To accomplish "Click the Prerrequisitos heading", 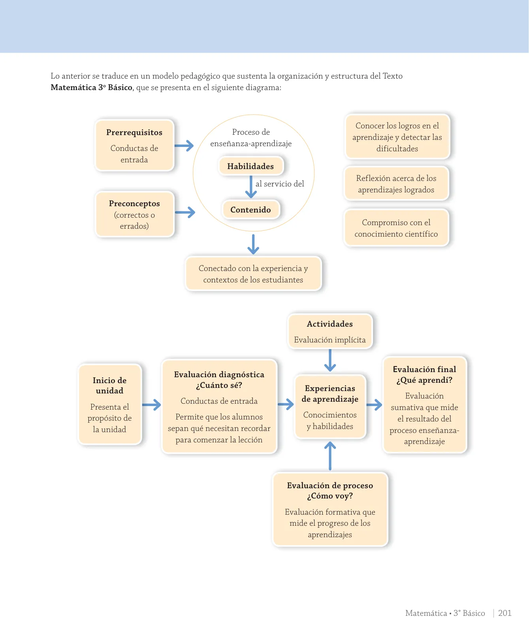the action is pyautogui.click(x=134, y=132).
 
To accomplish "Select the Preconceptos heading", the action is pyautogui.click(x=134, y=203).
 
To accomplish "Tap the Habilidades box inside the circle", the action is pyautogui.click(x=250, y=166).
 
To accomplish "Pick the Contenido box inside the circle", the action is pyautogui.click(x=250, y=210).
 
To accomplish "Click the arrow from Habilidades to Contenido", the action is pyautogui.click(x=251, y=187).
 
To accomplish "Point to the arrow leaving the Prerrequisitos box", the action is pyautogui.click(x=184, y=146).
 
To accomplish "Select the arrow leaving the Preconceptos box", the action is pyautogui.click(x=185, y=213).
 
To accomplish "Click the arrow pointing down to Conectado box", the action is pyautogui.click(x=253, y=244).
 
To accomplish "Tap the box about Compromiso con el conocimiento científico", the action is pyautogui.click(x=396, y=228).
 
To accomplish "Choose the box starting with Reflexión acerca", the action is pyautogui.click(x=396, y=184).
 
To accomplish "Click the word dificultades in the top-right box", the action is pyautogui.click(x=397, y=149).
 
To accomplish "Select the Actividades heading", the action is pyautogui.click(x=330, y=324).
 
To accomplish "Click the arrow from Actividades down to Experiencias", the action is pyautogui.click(x=330, y=361).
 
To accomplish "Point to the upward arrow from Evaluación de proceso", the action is pyautogui.click(x=330, y=456).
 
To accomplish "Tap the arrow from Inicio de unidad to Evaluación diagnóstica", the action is pyautogui.click(x=151, y=404).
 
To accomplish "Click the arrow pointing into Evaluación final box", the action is pyautogui.click(x=374, y=404).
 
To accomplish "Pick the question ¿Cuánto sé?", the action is pyautogui.click(x=219, y=386).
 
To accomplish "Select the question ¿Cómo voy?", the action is pyautogui.click(x=330, y=496).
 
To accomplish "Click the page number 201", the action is pyautogui.click(x=505, y=613).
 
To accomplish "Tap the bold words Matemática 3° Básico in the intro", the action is pyautogui.click(x=92, y=87).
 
